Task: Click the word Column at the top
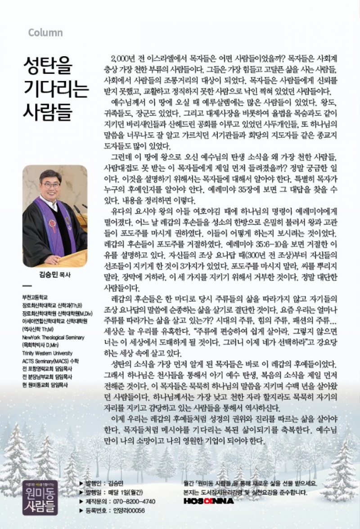[45, 33]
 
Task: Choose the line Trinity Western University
[47, 353]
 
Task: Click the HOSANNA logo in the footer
[208, 501]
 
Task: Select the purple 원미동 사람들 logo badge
[40, 497]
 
